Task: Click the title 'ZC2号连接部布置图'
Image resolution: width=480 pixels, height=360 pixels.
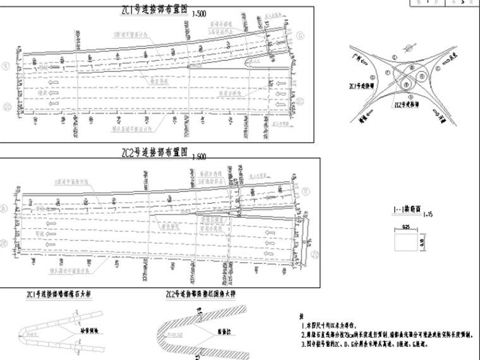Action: tap(155, 153)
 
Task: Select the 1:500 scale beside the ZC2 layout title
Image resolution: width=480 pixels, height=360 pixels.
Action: tap(199, 156)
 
